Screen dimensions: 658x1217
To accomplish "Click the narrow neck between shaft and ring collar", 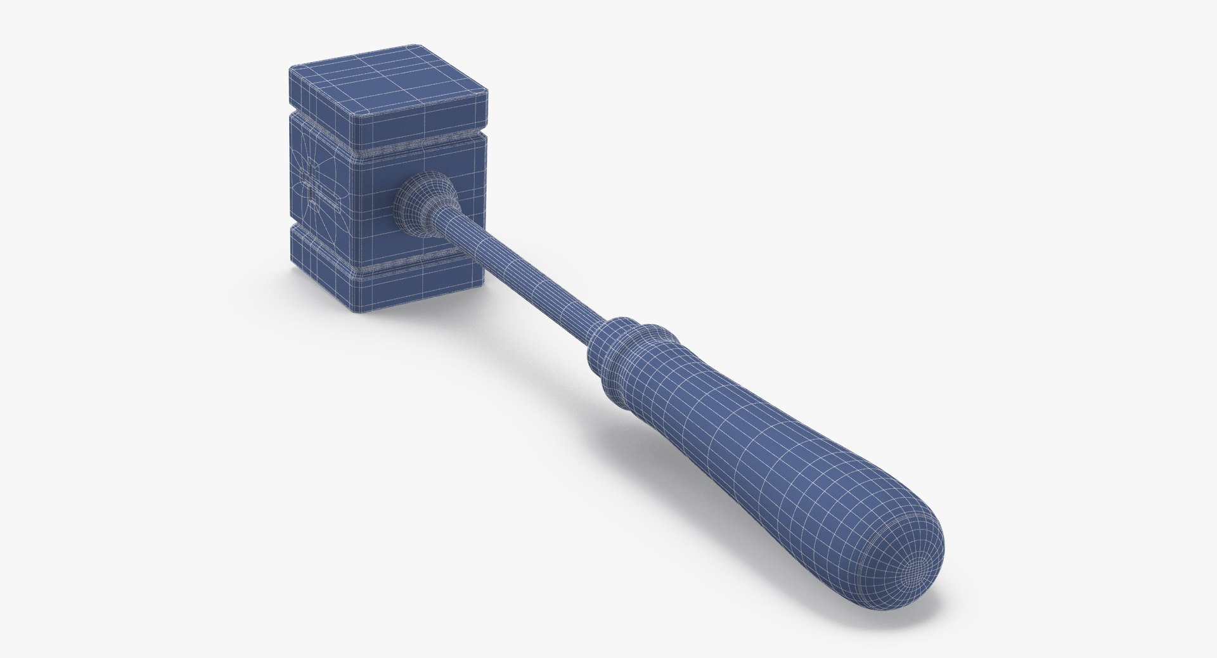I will (596, 330).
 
